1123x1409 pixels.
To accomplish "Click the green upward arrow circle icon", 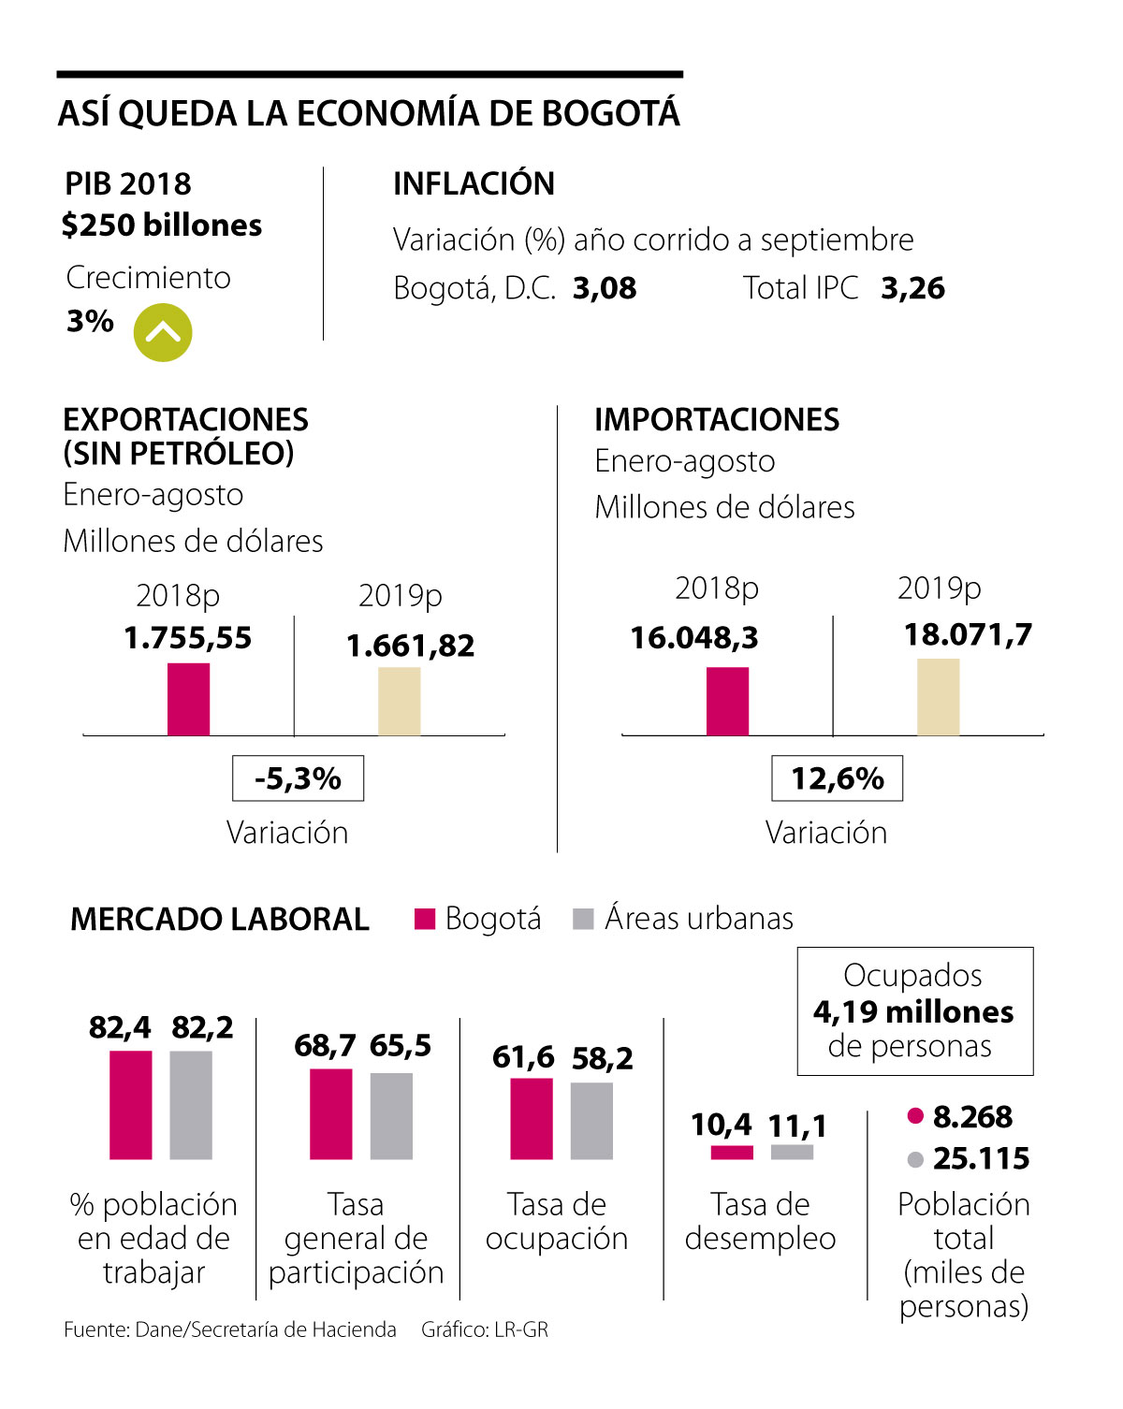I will [163, 333].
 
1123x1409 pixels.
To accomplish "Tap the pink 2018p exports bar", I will [188, 699].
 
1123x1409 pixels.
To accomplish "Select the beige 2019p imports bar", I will [938, 697].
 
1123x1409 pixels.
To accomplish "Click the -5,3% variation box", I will [298, 778].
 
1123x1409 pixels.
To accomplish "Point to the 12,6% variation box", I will [837, 778].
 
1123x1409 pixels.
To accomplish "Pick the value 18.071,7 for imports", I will [968, 634].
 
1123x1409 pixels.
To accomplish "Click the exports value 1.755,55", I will [187, 638].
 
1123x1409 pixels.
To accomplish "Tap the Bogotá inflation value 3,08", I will [605, 288].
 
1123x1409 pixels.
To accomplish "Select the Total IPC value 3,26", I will [912, 288].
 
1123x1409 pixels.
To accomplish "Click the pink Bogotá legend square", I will [425, 919].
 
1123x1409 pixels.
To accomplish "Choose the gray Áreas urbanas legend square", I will [583, 919].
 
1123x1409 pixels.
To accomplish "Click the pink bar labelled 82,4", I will [130, 1105].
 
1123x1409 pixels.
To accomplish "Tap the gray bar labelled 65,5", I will [391, 1116].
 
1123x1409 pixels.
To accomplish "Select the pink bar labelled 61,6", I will [531, 1119].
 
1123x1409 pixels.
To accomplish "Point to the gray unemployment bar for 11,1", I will [792, 1152].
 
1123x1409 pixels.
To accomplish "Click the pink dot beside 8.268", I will [915, 1116].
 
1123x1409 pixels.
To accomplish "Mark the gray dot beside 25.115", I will [915, 1160].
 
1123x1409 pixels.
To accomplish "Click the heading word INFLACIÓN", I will [474, 183].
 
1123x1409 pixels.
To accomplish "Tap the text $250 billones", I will [162, 225].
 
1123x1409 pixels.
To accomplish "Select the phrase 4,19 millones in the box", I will [913, 1011].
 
